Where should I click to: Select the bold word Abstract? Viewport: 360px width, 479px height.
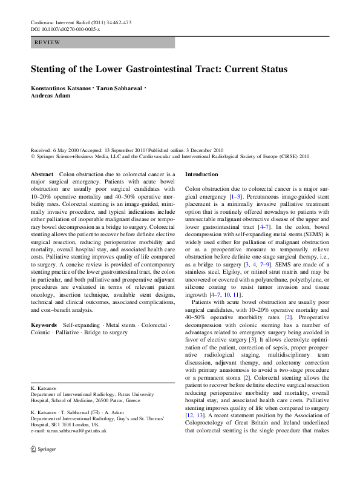pos(42,174)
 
